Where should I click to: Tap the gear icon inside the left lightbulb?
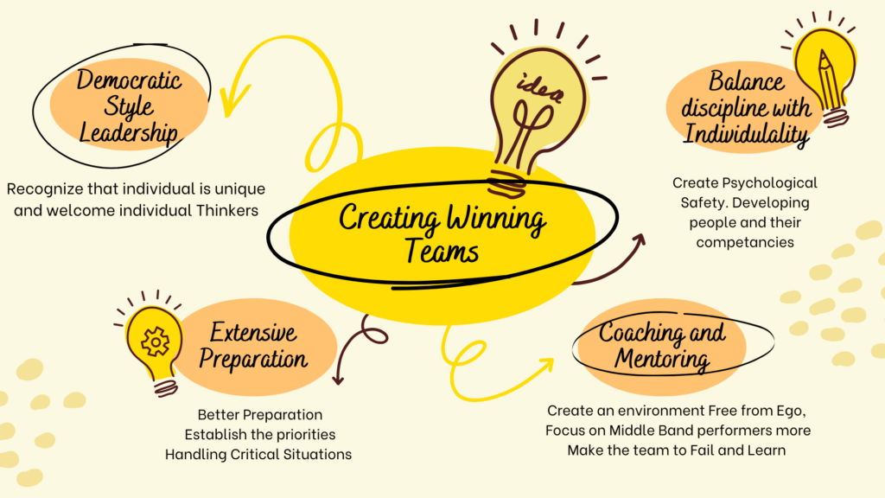[155, 342]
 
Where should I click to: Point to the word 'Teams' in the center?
[441, 252]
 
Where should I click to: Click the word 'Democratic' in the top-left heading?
[130, 81]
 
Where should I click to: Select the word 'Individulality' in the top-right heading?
[747, 134]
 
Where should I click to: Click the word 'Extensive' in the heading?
[253, 332]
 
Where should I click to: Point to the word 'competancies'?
[744, 242]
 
